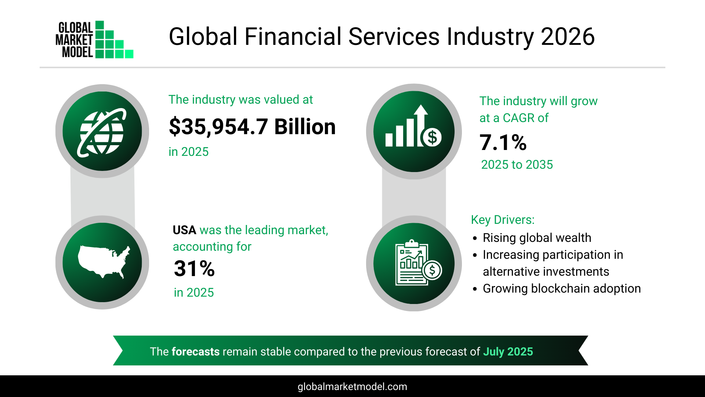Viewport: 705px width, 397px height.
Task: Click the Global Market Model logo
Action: point(94,40)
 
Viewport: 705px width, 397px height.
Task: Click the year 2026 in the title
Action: point(568,37)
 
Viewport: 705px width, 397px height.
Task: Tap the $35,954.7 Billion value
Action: point(252,127)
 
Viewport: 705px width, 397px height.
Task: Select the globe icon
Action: point(102,132)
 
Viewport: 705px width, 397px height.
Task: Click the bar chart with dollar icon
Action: point(413,132)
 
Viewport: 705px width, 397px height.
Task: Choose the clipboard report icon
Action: point(414,263)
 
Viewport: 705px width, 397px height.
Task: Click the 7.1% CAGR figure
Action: point(503,143)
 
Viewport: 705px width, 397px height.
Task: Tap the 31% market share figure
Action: point(194,269)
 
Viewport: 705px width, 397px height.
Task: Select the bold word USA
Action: point(184,230)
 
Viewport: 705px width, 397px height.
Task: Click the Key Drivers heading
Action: point(503,220)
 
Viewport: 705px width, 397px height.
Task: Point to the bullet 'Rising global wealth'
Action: point(537,238)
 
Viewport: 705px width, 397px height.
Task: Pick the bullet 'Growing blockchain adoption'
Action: point(561,289)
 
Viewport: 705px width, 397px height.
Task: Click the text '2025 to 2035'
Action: point(517,165)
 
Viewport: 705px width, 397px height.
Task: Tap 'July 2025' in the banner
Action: point(508,352)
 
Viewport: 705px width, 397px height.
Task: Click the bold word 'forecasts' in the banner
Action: point(195,352)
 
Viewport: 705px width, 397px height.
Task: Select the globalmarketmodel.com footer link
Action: point(352,387)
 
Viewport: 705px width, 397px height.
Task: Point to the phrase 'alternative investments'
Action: point(546,272)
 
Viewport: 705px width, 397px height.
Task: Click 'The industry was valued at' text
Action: point(241,100)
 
